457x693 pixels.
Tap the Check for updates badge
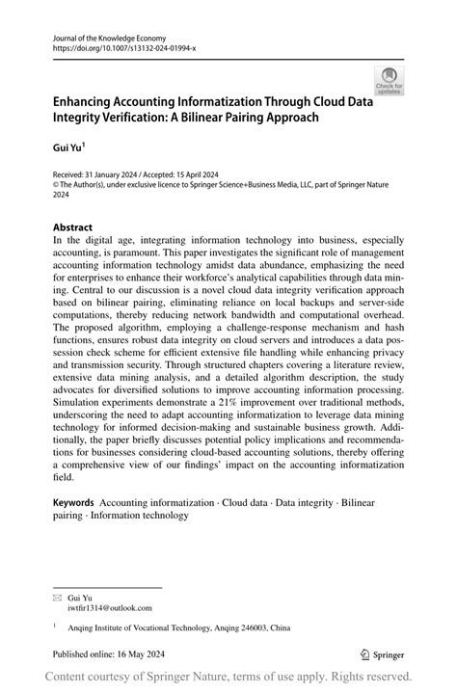tap(389, 80)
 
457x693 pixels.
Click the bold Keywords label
tap(73, 502)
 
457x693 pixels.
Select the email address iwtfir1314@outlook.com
tap(110, 608)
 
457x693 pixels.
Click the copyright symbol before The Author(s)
tap(55, 182)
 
